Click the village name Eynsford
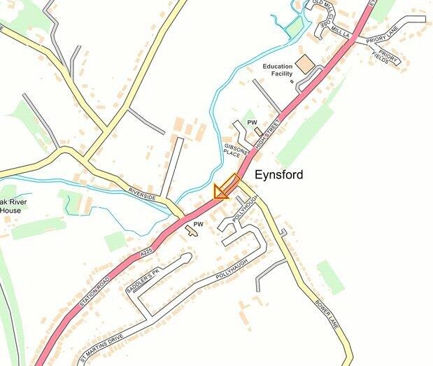click(x=278, y=174)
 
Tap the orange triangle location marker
click(x=222, y=191)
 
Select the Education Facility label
click(x=278, y=71)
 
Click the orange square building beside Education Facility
click(x=305, y=64)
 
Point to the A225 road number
click(x=145, y=251)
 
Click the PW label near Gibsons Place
click(x=252, y=122)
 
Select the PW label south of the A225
click(x=198, y=224)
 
